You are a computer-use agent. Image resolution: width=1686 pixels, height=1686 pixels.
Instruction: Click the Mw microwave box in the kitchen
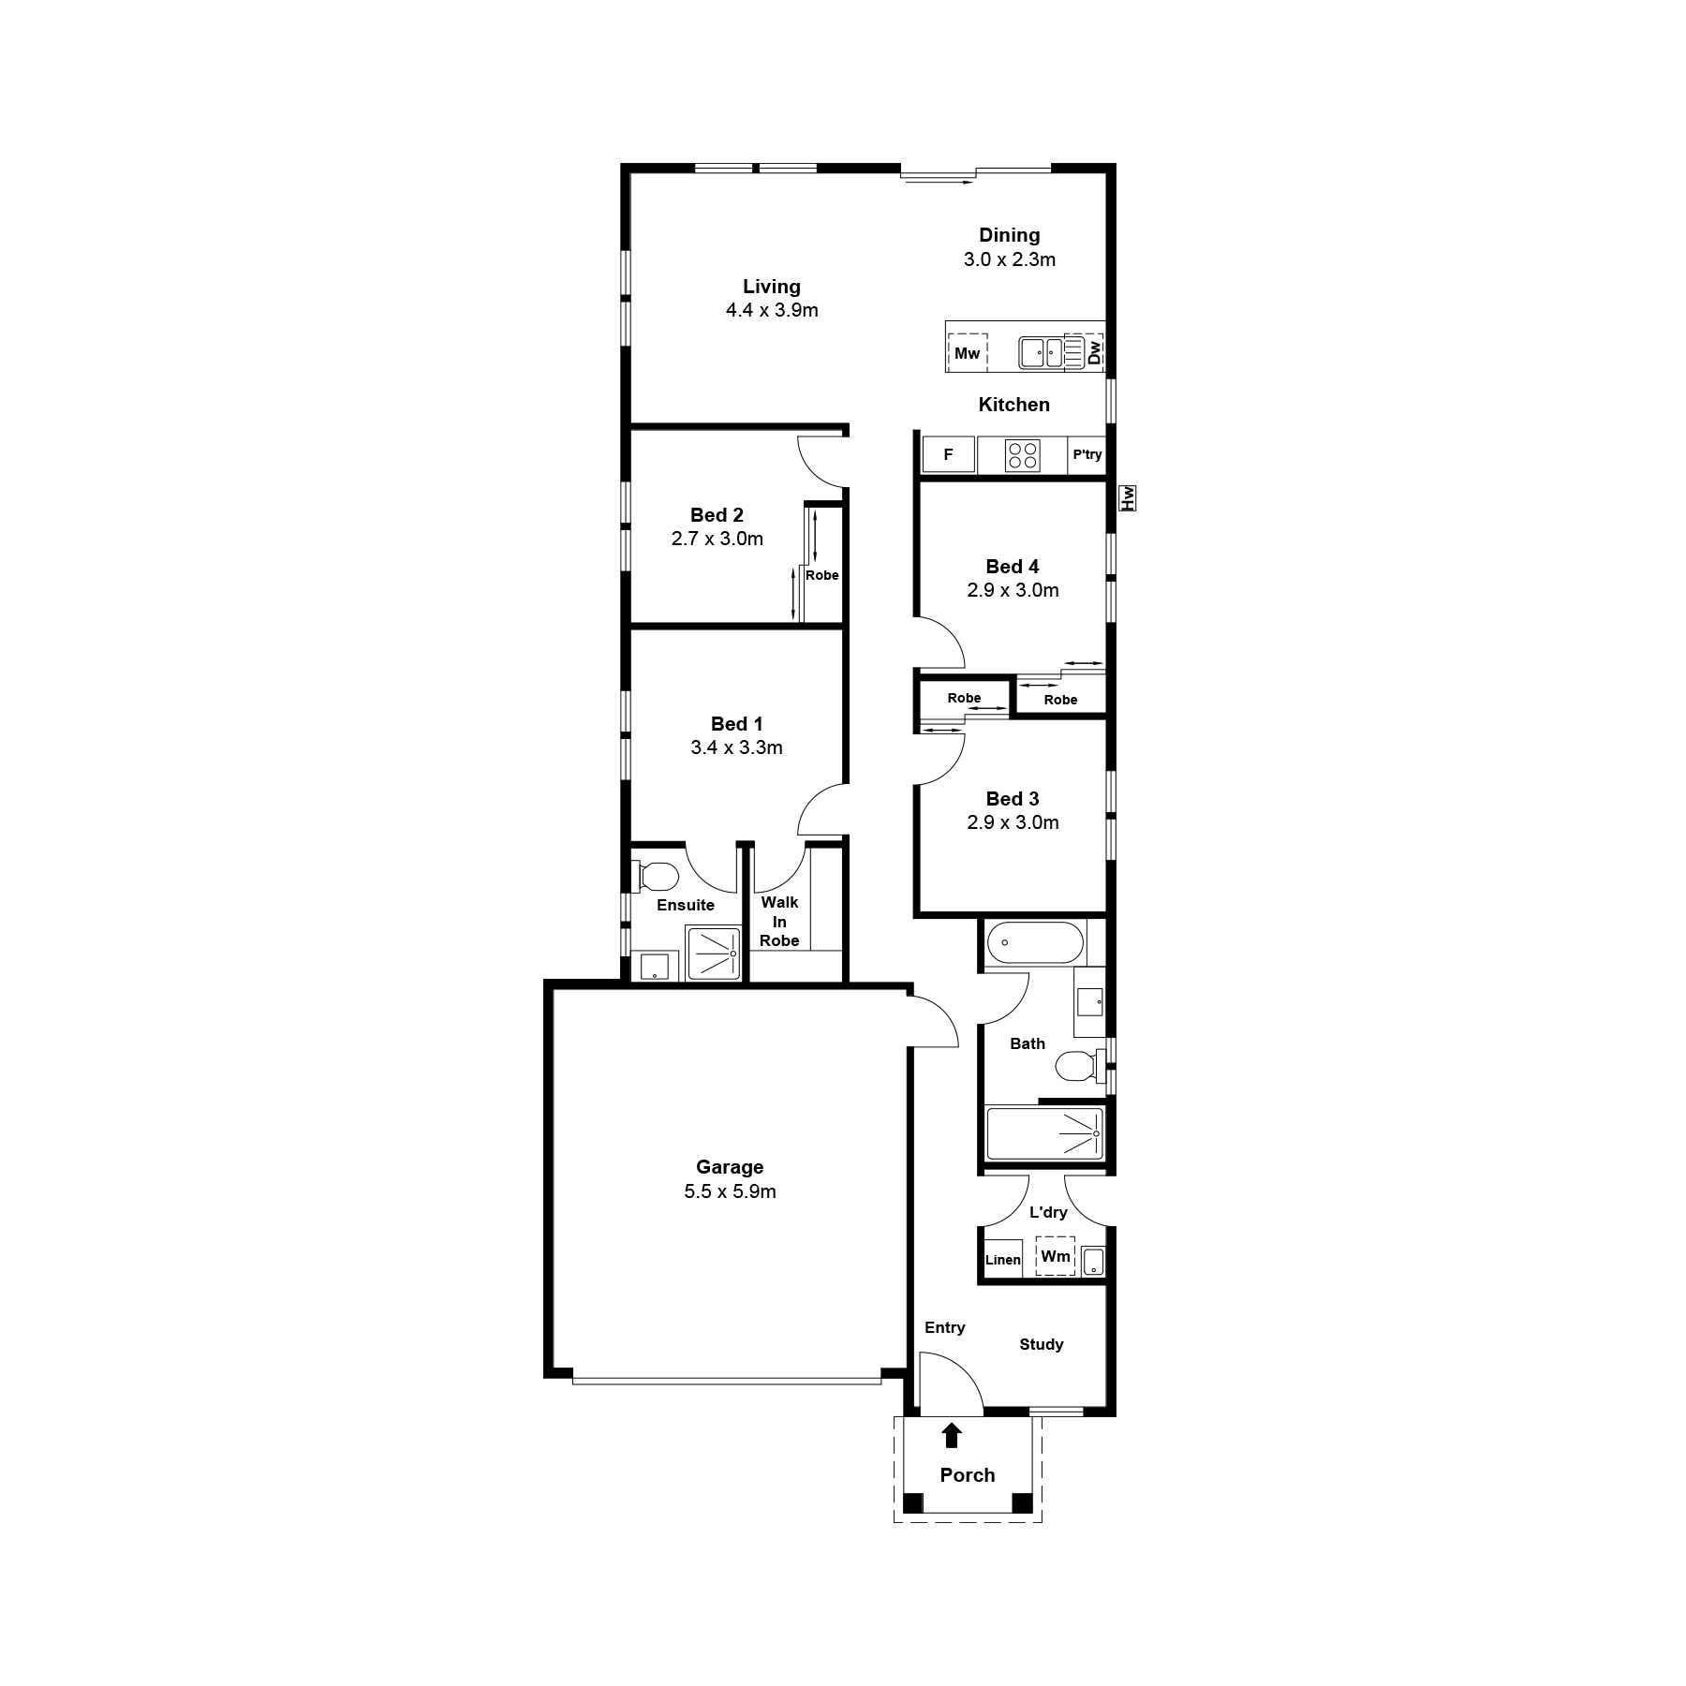point(968,353)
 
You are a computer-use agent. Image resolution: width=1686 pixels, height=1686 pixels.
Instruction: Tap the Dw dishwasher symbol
point(1084,351)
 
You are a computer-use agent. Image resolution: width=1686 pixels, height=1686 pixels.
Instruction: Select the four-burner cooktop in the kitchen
point(1022,455)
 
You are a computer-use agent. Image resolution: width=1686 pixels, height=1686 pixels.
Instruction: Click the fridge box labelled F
point(948,455)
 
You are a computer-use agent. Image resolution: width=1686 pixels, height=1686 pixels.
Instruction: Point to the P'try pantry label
point(1087,455)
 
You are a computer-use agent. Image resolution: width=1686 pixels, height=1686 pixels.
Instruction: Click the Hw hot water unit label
point(1128,497)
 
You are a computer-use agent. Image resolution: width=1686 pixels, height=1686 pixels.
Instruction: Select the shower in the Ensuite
point(714,953)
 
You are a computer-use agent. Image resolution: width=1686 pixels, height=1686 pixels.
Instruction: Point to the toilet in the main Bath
point(1078,1066)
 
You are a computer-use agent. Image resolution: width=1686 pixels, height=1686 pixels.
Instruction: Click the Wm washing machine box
point(1056,1256)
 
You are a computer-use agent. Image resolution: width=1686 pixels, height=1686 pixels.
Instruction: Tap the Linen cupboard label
point(1003,1260)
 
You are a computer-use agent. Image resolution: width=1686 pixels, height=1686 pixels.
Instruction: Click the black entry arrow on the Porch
point(952,1435)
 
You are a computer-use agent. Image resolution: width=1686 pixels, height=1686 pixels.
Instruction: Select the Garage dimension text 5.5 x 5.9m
point(731,1191)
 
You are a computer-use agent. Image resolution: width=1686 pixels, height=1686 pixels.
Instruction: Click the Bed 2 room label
point(717,515)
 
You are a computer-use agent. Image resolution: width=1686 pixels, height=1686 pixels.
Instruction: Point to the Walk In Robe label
point(779,922)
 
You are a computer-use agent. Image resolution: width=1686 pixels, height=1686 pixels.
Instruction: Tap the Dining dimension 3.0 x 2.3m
point(1010,259)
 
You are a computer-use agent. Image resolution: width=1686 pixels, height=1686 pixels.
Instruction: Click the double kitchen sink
point(1042,353)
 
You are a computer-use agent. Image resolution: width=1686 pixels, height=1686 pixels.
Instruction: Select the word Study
point(1042,1345)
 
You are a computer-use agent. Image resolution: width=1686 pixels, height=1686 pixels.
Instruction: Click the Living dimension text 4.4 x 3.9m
point(772,310)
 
